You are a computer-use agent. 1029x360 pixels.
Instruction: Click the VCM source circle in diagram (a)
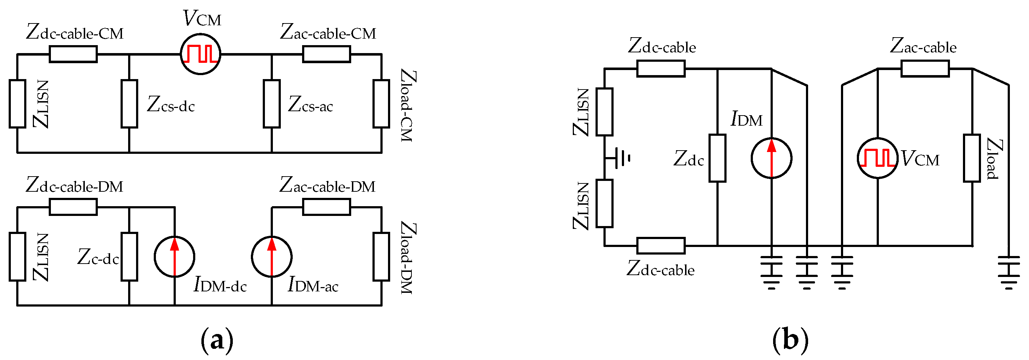[x=201, y=54]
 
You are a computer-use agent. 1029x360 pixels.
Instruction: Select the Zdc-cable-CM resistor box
[x=73, y=54]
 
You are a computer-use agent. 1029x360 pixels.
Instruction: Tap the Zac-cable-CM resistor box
[x=326, y=54]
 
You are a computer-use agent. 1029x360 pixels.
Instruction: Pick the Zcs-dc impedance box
[x=130, y=104]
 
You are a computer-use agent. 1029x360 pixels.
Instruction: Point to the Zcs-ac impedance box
[x=272, y=104]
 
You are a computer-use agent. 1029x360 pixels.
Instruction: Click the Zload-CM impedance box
[x=381, y=104]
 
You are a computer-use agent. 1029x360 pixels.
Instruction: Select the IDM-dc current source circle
[x=175, y=256]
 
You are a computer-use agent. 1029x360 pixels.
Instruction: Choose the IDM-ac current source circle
[x=272, y=256]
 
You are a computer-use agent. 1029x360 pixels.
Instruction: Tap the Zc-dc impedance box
[x=130, y=256]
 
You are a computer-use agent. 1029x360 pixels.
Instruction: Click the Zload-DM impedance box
[x=381, y=256]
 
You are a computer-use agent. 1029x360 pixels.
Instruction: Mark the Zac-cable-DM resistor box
[x=326, y=207]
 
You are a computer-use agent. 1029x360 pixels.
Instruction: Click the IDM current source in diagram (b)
[x=771, y=158]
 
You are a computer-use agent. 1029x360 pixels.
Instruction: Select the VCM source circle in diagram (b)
[x=878, y=158]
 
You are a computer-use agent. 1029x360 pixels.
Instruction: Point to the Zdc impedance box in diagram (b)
[x=718, y=158]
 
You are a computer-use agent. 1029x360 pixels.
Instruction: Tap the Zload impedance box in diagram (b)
[x=972, y=158]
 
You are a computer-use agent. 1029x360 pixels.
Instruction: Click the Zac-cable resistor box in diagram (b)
[x=925, y=68]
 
